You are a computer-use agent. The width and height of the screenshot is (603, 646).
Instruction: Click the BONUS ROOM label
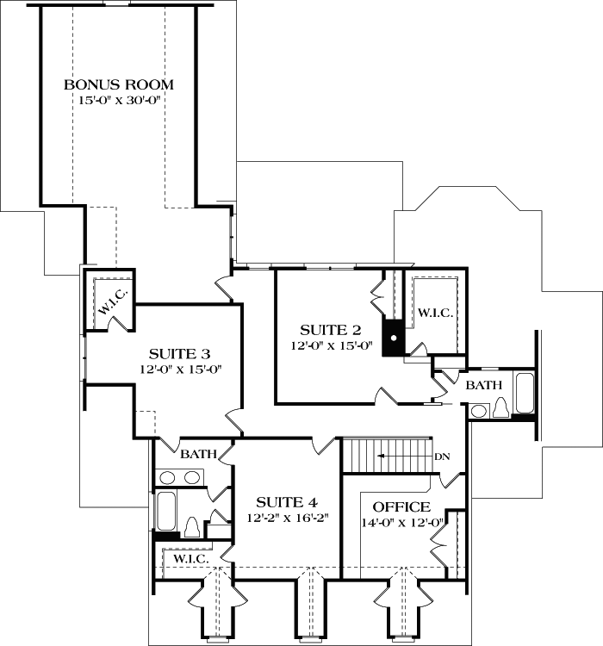(119, 84)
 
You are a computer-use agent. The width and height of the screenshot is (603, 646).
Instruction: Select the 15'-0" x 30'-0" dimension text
(119, 101)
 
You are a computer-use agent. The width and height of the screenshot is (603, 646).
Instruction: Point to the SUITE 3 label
(180, 353)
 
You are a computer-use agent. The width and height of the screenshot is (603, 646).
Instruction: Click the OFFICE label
(401, 506)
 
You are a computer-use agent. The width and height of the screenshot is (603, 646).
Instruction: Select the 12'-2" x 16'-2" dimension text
(288, 519)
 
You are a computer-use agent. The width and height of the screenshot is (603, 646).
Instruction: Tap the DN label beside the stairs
(443, 456)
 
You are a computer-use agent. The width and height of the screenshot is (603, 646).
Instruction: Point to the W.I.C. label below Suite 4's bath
(190, 559)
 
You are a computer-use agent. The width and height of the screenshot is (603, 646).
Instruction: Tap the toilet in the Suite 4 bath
(193, 525)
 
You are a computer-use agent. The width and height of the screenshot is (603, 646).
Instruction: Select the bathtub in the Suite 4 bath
(165, 512)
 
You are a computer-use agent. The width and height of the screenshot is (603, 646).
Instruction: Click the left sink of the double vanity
(168, 476)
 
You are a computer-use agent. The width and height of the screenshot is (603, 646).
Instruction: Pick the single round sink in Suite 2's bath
(479, 411)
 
